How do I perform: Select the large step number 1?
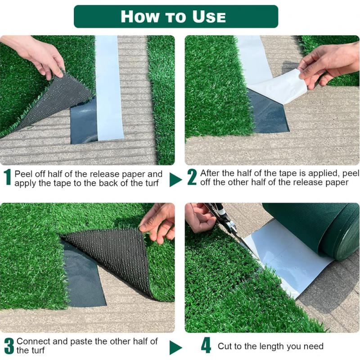click(x=8, y=177)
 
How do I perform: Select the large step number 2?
click(x=192, y=177)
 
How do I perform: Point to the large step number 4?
click(x=206, y=346)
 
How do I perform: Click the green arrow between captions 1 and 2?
click(x=175, y=180)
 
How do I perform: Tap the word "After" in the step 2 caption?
click(x=210, y=173)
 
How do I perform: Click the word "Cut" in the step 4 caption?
click(x=225, y=346)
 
